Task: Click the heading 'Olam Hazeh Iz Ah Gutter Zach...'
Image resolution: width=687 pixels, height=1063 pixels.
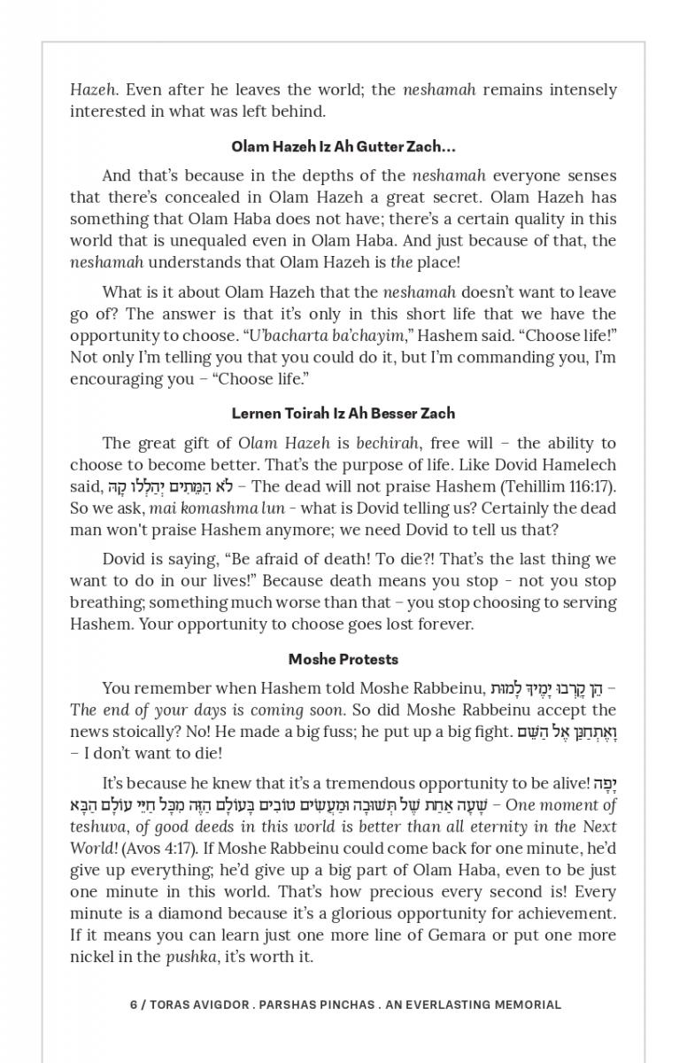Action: click(x=343, y=146)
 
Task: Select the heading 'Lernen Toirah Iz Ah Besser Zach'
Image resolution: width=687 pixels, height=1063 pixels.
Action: click(x=343, y=413)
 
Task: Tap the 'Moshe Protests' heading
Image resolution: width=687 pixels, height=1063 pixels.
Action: click(x=343, y=659)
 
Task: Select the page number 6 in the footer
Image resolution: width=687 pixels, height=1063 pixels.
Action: click(x=134, y=1005)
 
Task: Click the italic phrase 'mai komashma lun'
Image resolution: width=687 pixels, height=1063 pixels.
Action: click(x=205, y=508)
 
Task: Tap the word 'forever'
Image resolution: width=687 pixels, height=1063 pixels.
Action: click(x=444, y=624)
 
